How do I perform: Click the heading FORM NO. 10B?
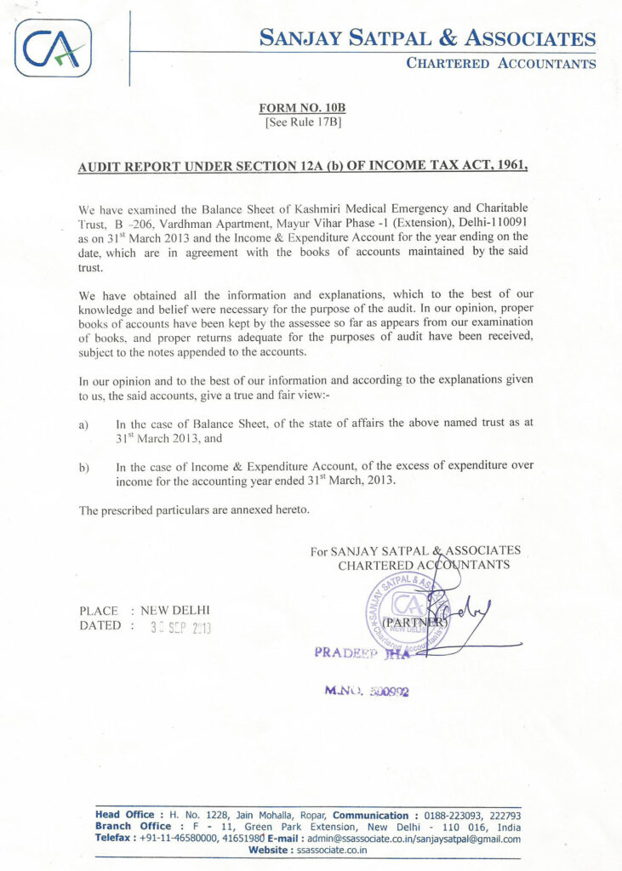(303, 108)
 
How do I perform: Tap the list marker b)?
(84, 467)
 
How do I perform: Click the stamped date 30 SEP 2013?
(180, 629)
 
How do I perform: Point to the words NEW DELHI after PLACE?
(175, 611)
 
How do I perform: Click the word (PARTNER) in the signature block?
(417, 621)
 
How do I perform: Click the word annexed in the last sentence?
(250, 510)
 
